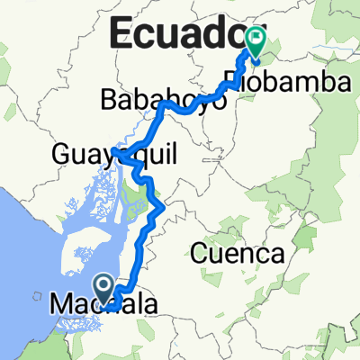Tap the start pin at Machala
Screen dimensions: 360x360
click(104, 289)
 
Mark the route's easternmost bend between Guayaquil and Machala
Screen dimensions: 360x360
click(162, 209)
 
